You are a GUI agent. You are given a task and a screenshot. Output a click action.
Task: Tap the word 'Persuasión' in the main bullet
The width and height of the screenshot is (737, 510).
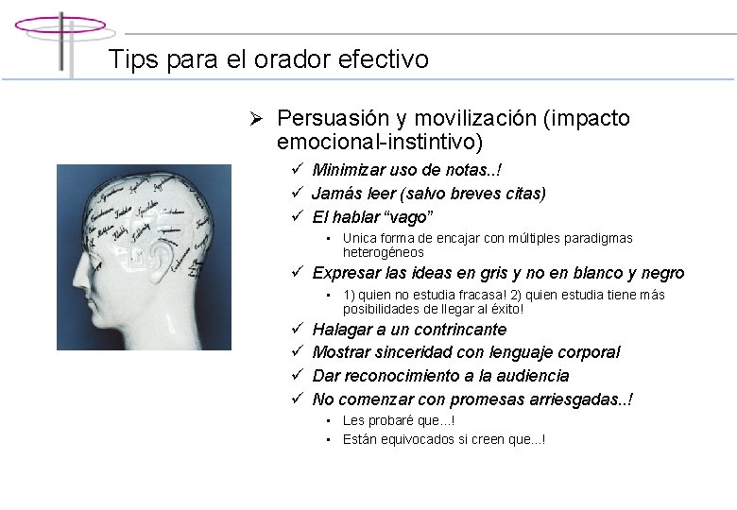[x=333, y=119]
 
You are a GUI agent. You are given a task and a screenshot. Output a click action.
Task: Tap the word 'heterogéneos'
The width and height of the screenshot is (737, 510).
[x=383, y=253]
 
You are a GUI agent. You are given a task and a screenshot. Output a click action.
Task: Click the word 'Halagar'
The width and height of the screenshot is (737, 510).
[x=342, y=330]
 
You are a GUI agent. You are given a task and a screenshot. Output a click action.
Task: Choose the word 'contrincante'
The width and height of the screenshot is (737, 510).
[x=460, y=330]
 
